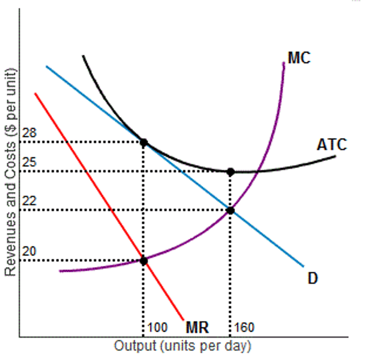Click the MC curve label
point(299,58)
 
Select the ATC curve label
point(332,145)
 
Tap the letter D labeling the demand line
point(313,278)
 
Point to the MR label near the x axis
point(197,327)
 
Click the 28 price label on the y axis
point(29,133)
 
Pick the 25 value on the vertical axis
point(29,162)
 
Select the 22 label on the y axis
point(29,201)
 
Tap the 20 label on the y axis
point(29,251)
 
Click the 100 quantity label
point(158,327)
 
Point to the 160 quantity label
point(244,327)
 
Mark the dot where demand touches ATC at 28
point(144,142)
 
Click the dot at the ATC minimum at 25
point(230,172)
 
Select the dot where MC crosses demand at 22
point(230,210)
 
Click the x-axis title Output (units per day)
point(182,346)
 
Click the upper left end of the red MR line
point(35,94)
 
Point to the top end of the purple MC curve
point(284,63)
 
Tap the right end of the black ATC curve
point(335,156)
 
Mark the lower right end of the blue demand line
point(303,266)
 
